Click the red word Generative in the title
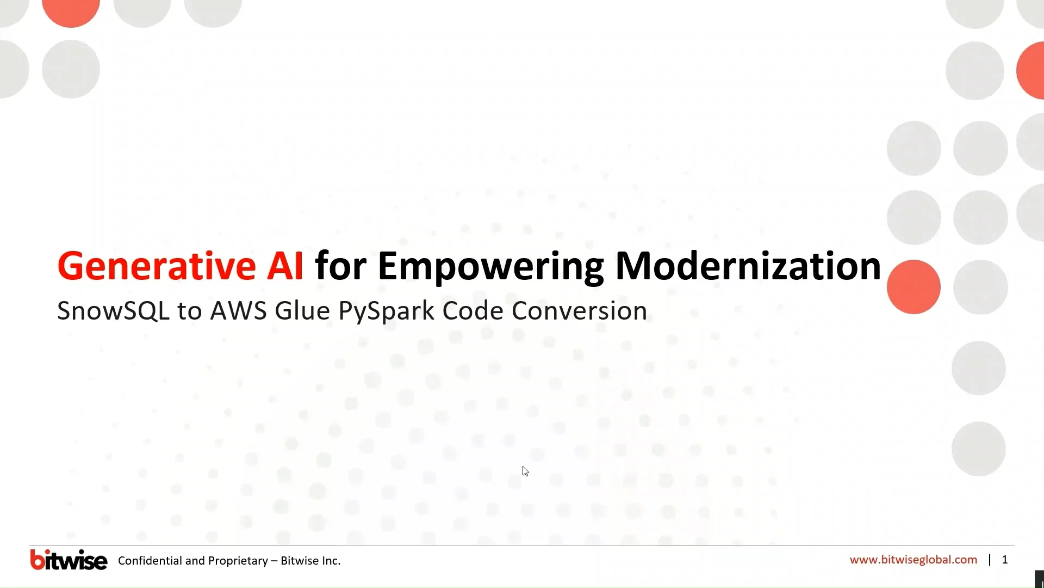click(156, 266)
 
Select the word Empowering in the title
click(490, 266)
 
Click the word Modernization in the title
click(748, 266)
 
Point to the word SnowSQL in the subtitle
click(113, 311)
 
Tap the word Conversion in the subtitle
click(579, 311)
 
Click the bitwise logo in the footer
click(69, 560)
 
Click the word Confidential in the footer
click(150, 561)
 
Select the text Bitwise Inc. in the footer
click(310, 561)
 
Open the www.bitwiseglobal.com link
click(913, 560)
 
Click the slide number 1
click(1005, 560)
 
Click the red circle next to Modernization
click(913, 287)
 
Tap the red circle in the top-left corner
click(71, 10)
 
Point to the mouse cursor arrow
click(525, 471)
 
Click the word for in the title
click(340, 266)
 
